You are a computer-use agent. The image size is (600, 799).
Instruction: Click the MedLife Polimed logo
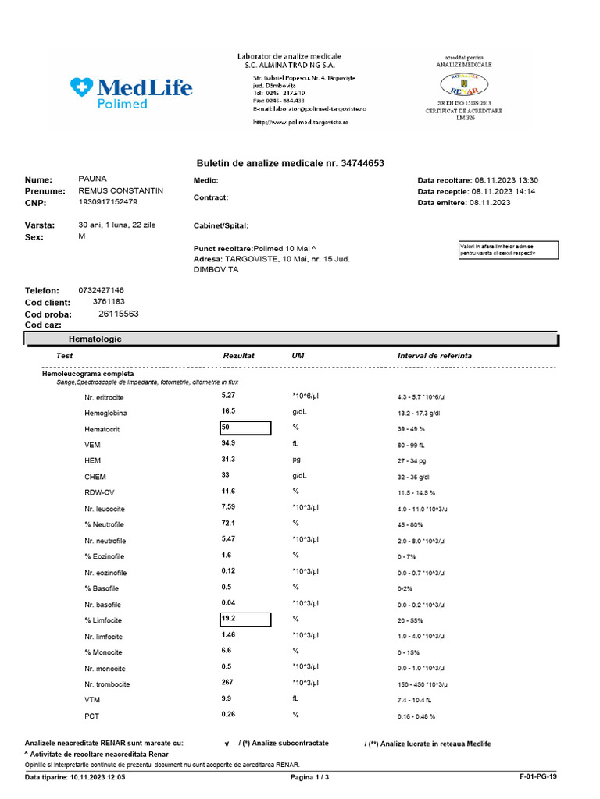[x=130, y=93]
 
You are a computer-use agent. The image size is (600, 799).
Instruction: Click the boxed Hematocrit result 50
[x=245, y=428]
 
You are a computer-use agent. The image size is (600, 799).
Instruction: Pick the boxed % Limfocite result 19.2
[x=245, y=620]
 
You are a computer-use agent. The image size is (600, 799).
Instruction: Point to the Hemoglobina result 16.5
[x=228, y=410]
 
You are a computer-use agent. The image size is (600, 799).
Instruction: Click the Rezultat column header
[x=239, y=356]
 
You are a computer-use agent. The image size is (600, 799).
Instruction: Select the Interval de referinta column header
[x=434, y=356]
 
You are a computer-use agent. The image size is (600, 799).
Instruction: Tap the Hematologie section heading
[x=95, y=339]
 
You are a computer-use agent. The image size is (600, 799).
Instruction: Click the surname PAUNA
[x=92, y=179]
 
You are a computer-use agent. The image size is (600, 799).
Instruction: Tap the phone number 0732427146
[x=101, y=290]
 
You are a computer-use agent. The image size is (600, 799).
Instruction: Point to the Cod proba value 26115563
[x=119, y=314]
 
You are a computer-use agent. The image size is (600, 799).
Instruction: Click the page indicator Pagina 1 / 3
[x=310, y=778]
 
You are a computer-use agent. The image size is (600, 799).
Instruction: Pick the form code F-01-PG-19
[x=538, y=778]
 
